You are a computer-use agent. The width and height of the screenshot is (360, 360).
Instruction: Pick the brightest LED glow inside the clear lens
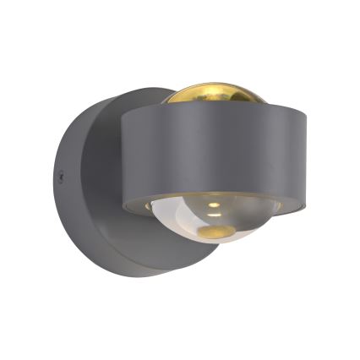click(212, 205)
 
